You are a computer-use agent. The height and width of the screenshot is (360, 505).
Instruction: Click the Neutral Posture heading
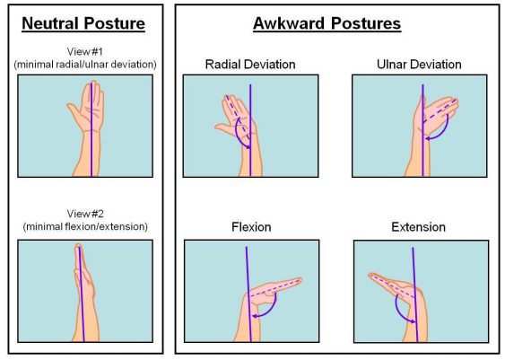83,23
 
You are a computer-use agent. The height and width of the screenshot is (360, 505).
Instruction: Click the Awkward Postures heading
327,23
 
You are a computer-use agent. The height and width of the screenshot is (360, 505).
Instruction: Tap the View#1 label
84,51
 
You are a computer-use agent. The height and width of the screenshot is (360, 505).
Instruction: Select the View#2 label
85,214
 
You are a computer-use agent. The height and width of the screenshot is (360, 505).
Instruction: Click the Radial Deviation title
250,64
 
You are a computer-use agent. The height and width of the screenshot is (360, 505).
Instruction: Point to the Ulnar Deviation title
419,64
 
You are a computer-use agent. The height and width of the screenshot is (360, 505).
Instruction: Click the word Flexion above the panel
251,227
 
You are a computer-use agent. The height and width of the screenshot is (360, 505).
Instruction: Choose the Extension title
418,227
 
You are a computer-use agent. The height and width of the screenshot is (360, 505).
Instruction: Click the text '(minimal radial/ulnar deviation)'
85,64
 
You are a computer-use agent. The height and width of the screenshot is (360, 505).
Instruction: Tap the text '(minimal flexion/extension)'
85,226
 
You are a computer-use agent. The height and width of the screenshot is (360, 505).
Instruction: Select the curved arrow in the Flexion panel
269,311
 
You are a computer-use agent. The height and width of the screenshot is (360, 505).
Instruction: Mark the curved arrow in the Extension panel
399,312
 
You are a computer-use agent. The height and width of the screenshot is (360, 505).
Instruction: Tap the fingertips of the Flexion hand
299,280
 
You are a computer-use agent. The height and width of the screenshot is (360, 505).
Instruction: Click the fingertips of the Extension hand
371,276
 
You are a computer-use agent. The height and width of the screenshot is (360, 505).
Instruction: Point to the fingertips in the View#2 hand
78,246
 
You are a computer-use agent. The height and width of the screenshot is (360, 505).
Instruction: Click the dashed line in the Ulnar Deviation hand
440,110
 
